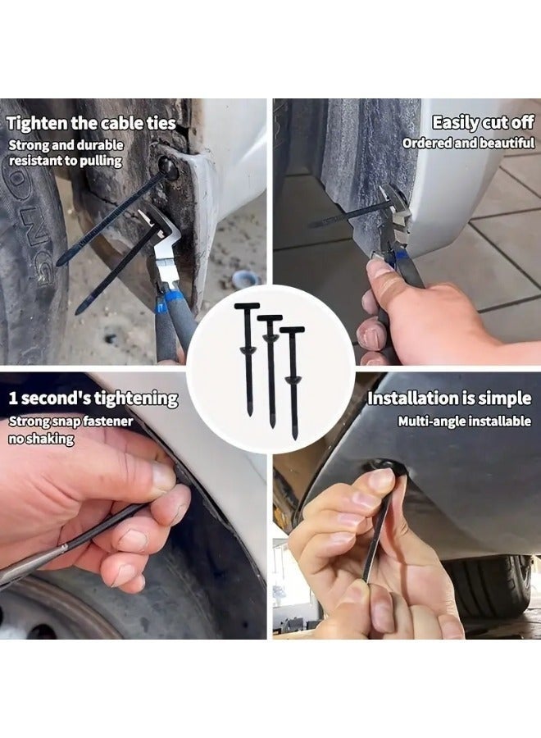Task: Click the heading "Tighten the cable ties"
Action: [x=91, y=124]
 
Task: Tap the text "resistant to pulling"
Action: [x=65, y=161]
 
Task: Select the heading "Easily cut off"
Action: [x=483, y=123]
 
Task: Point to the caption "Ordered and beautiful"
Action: [x=468, y=143]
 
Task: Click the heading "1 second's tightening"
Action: [x=93, y=399]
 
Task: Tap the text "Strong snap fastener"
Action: [x=70, y=422]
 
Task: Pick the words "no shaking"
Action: [x=42, y=439]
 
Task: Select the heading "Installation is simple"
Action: [x=448, y=399]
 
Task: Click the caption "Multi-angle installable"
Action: [x=464, y=421]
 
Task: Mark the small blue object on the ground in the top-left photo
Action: [x=245, y=279]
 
